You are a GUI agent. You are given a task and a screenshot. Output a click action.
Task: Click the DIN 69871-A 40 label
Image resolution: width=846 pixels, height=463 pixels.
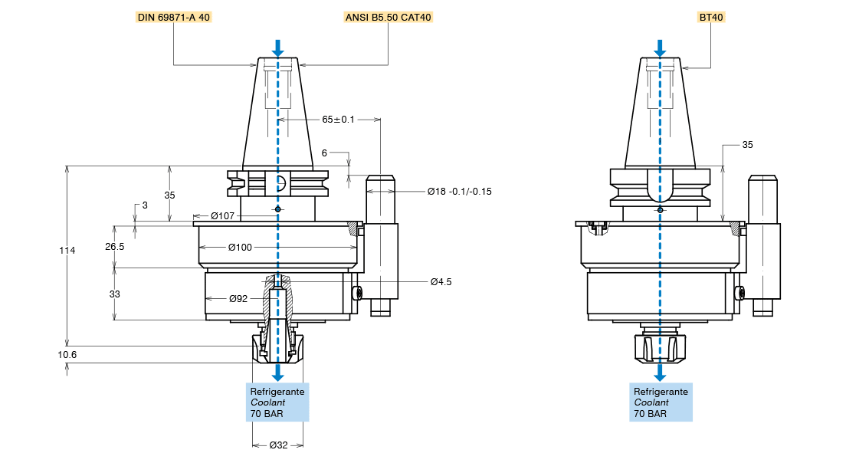173,17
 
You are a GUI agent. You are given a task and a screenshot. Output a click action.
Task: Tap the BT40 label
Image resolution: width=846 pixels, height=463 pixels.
711,17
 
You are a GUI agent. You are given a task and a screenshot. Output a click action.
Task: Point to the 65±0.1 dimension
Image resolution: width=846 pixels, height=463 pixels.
338,120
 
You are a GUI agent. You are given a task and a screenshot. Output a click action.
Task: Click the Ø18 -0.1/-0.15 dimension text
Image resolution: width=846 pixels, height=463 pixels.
459,191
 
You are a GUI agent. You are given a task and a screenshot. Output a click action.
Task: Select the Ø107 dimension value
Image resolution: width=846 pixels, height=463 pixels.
222,215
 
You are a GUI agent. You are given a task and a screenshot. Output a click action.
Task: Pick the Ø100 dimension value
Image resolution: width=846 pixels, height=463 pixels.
240,247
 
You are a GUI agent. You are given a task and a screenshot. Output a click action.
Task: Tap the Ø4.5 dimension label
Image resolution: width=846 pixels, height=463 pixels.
441,281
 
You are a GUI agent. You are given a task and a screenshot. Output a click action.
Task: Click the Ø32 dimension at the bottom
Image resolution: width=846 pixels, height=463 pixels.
278,445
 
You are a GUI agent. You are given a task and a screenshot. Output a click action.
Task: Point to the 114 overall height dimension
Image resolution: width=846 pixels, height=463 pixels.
67,251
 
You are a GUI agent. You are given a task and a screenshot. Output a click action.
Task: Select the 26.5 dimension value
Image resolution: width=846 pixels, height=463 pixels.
115,247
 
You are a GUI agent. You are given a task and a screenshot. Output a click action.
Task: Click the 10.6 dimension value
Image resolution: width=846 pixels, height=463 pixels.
68,355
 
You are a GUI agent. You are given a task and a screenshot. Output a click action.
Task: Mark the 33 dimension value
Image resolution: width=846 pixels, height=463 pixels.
115,294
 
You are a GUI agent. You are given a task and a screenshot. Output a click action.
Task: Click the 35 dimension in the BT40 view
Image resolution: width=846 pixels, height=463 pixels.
748,144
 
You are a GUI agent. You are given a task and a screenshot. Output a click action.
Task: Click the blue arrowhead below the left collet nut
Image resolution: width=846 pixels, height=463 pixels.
277,374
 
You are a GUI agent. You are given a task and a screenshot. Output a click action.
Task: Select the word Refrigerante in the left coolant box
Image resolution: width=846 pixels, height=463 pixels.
277,392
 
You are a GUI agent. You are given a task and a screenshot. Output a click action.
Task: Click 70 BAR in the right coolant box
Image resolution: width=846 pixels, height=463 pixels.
650,414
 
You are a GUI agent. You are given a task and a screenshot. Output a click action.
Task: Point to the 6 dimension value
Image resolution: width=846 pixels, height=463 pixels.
324,153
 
